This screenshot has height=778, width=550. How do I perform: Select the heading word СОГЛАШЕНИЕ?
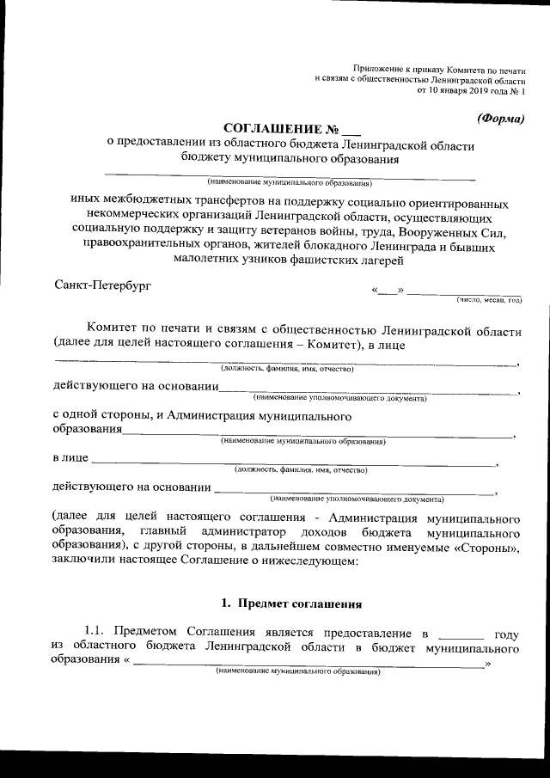pyautogui.click(x=264, y=129)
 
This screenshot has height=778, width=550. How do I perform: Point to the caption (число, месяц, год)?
pyautogui.click(x=489, y=300)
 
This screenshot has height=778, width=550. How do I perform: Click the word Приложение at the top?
pyautogui.click(x=378, y=68)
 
